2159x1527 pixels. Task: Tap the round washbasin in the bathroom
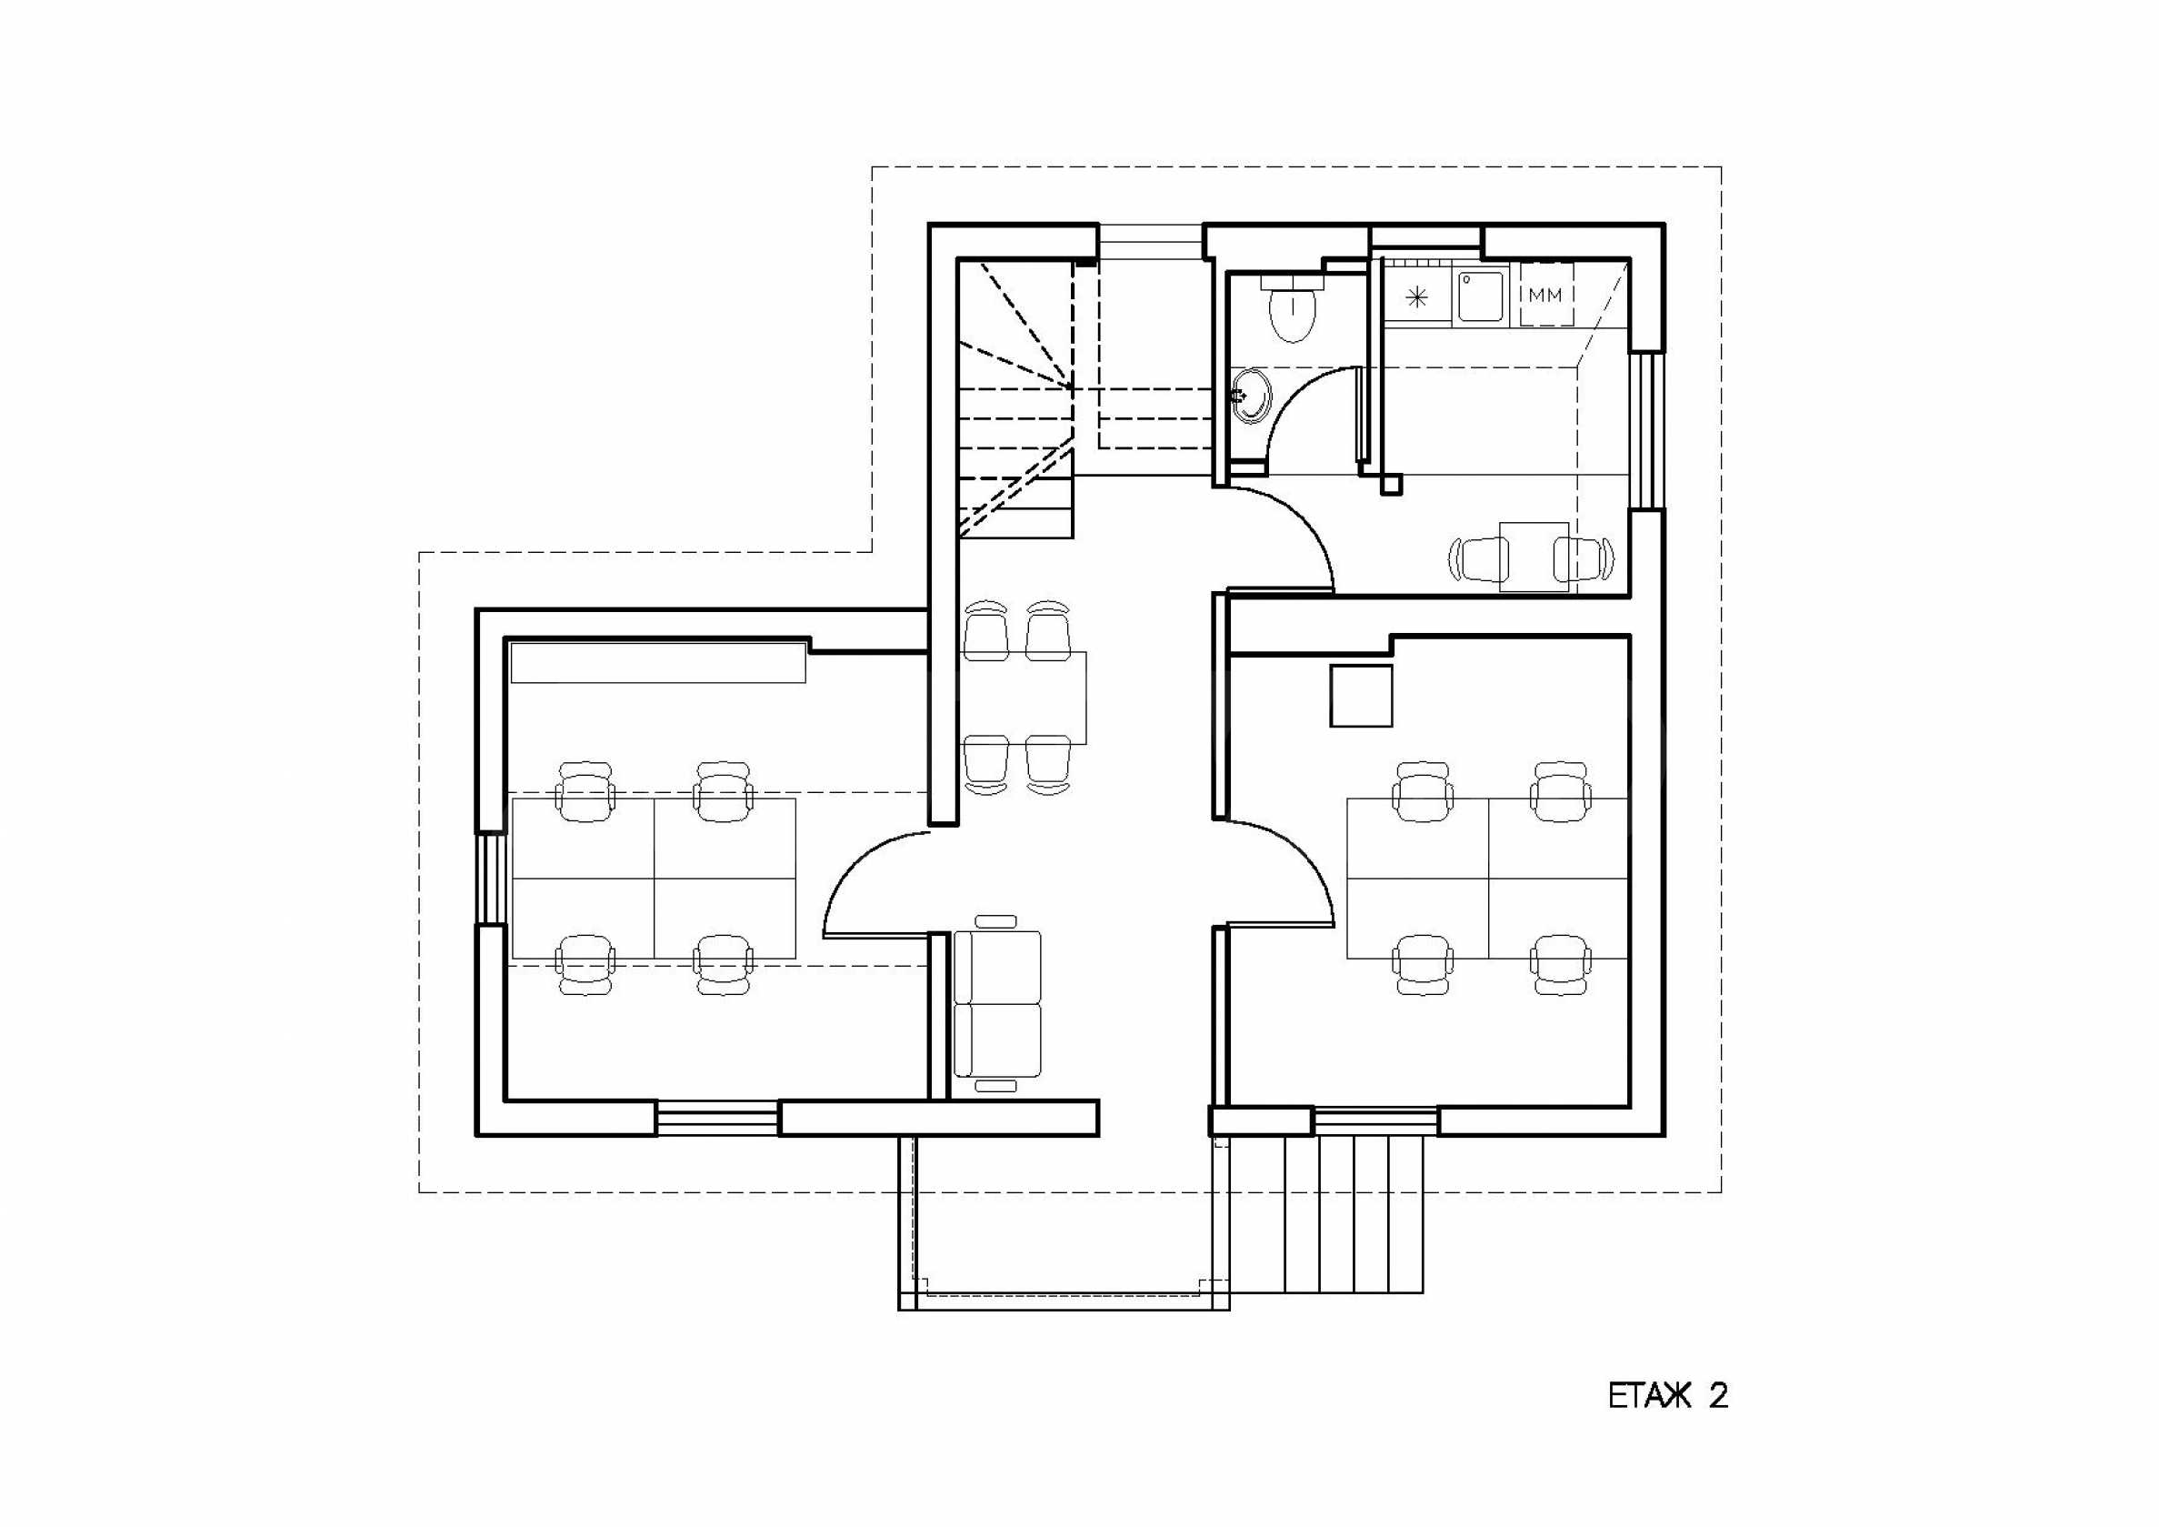pos(1252,397)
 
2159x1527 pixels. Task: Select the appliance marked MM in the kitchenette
pos(1545,295)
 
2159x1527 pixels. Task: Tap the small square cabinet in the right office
pos(1360,694)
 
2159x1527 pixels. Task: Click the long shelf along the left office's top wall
pos(657,661)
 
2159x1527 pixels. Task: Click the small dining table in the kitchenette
pos(1534,555)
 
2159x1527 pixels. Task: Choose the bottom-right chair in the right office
pos(1560,963)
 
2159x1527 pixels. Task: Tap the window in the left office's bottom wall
pos(717,1119)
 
